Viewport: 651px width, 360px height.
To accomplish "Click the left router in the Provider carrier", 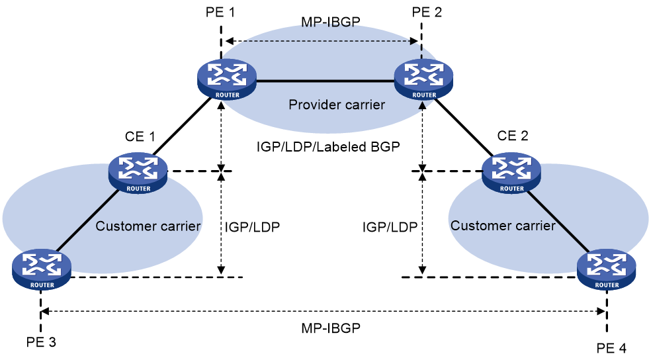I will click(226, 79).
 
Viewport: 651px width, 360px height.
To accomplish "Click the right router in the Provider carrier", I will click(423, 79).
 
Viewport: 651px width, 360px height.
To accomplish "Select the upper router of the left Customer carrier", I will click(138, 172).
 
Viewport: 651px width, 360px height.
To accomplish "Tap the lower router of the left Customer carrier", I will click(42, 269).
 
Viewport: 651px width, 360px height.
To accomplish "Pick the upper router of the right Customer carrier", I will click(511, 172).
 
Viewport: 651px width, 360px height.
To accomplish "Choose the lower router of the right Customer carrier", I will click(607, 269).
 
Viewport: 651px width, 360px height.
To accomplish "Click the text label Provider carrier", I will click(337, 105).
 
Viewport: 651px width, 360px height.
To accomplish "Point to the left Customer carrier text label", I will click(149, 226).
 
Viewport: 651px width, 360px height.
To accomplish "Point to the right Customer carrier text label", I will click(503, 226).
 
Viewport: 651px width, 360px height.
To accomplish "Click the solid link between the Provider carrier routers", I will click(324, 81).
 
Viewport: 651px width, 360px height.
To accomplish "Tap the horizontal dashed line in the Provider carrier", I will click(324, 41).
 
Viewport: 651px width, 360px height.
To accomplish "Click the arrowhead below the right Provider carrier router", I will click(423, 105).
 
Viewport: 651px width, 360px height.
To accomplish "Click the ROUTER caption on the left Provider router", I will click(227, 95).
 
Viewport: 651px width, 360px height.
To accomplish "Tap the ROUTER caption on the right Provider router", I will click(424, 95).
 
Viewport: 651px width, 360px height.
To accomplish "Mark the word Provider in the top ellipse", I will click(312, 105).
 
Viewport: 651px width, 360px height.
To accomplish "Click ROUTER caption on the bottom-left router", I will click(42, 285).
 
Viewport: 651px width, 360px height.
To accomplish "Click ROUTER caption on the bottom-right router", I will click(607, 285).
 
